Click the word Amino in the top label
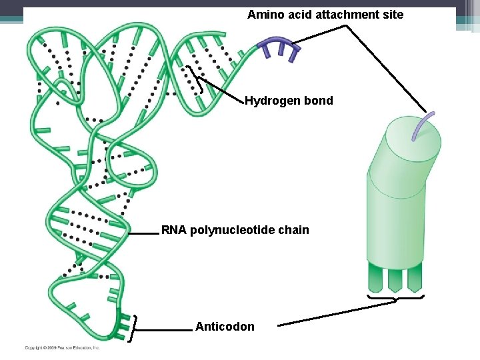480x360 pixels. point(263,15)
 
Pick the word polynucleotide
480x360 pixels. point(233,231)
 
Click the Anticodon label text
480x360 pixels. point(225,327)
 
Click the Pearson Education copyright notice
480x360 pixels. point(62,347)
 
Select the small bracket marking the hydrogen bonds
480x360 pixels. point(195,79)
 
